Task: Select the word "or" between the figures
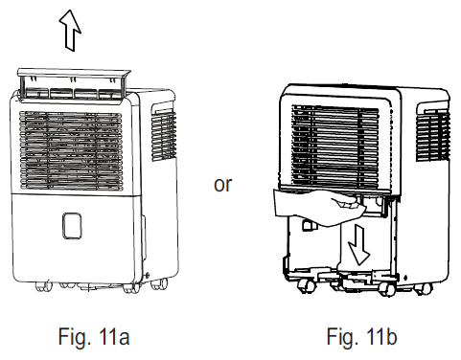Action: point(222,184)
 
